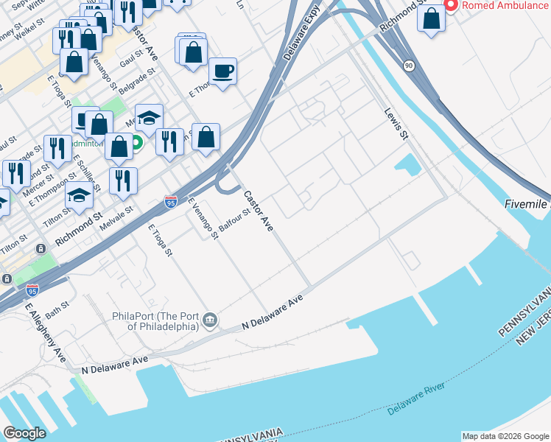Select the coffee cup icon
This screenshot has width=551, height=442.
pyautogui.click(x=222, y=71)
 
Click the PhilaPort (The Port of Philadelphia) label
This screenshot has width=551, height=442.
pyautogui.click(x=155, y=320)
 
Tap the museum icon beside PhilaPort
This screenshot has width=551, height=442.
pyautogui.click(x=210, y=320)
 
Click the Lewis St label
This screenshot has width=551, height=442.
pyautogui.click(x=396, y=123)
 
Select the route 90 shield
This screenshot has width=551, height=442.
pyautogui.click(x=408, y=66)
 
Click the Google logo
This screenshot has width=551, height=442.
pyautogui.click(x=24, y=433)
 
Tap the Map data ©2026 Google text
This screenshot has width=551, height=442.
pyautogui.click(x=505, y=436)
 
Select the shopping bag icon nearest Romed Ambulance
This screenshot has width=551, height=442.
pyautogui.click(x=431, y=18)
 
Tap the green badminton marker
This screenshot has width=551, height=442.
pyautogui.click(x=136, y=142)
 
